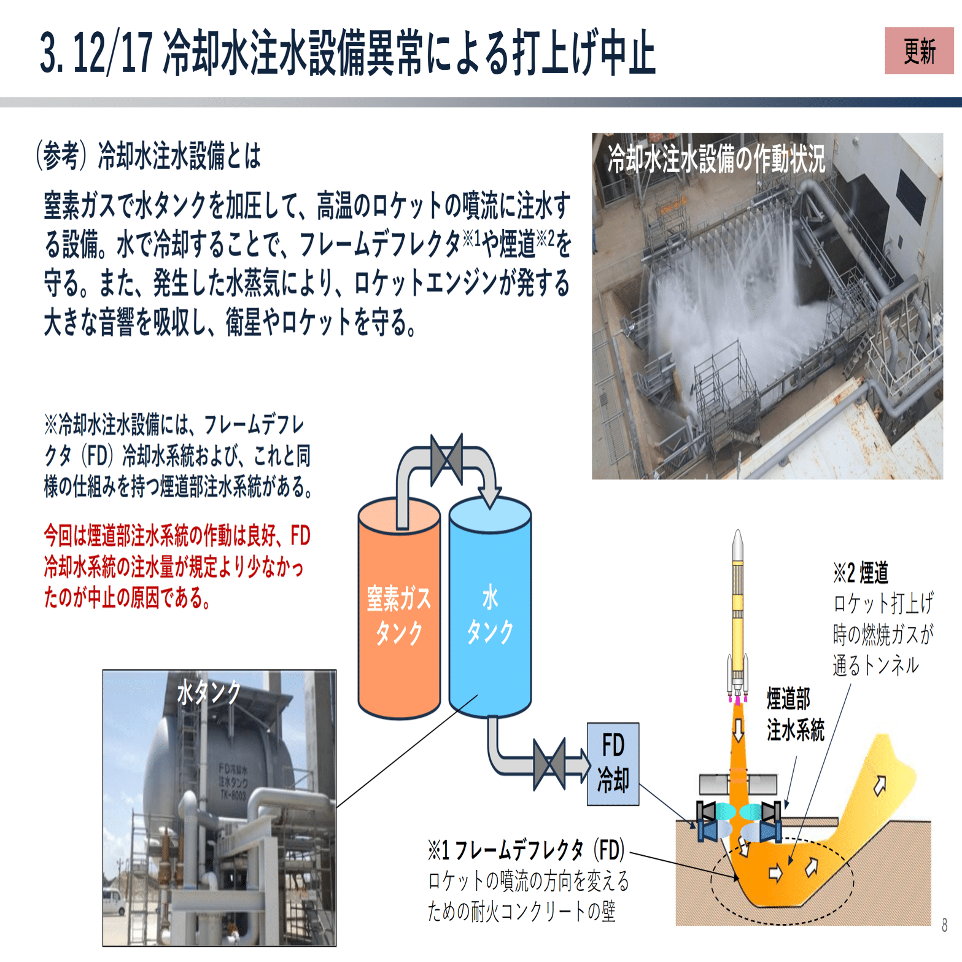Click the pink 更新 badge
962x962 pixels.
coord(918,51)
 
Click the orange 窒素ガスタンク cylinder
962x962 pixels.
coord(399,614)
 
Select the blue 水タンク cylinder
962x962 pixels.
coord(490,614)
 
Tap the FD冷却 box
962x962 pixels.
coord(613,764)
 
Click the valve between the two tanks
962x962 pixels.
coord(446,459)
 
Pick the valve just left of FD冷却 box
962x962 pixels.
coord(549,764)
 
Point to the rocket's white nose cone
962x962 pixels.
coord(738,544)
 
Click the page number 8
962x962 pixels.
coord(944,925)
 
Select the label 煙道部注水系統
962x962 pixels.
coord(795,715)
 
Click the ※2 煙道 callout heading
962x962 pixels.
coord(861,573)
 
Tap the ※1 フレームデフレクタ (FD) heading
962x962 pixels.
coord(526,850)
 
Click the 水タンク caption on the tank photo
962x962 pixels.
coord(209,692)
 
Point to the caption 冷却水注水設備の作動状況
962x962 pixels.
coord(716,159)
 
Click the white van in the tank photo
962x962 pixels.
coord(114,901)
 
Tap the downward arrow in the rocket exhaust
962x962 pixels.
coord(738,729)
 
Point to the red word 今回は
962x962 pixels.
coord(65,536)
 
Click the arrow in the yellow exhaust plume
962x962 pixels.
coord(880,785)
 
